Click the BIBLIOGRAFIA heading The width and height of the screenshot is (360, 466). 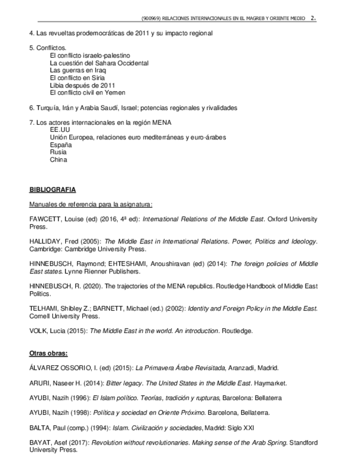point(52,190)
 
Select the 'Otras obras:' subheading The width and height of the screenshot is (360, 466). point(48,353)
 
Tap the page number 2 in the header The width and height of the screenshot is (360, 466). point(313,18)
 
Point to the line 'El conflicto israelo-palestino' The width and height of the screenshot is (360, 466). point(90,56)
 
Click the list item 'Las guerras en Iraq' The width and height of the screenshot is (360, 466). point(77,70)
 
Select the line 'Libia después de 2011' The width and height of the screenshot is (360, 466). point(82,85)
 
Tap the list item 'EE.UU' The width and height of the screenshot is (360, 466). point(60,130)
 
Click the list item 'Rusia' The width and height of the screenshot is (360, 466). point(58,152)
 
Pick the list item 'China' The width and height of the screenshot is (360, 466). point(58,160)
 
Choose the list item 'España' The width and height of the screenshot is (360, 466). point(60,145)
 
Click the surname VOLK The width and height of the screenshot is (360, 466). point(38,331)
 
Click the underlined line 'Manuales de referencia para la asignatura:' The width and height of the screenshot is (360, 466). point(91,204)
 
